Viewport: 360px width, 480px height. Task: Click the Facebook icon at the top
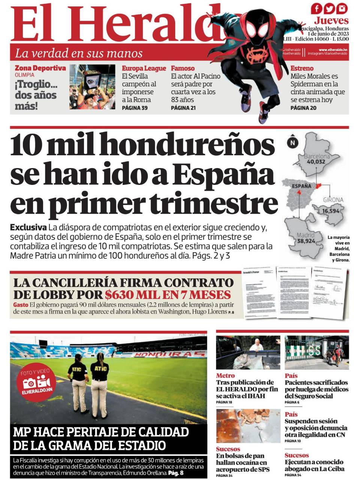316,8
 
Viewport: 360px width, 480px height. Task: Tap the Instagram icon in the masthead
342,8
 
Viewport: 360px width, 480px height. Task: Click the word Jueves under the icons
331,20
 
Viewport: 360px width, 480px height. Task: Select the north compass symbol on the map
292,142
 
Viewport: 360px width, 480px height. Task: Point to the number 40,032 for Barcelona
316,162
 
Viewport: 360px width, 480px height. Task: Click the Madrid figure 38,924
306,241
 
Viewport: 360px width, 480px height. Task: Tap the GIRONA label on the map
333,200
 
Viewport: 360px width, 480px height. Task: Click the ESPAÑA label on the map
301,186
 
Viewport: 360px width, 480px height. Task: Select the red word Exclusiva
28,227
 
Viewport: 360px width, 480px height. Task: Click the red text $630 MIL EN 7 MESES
168,294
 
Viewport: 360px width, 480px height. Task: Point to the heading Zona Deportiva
40,68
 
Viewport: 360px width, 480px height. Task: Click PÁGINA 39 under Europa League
135,108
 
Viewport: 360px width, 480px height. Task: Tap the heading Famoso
183,68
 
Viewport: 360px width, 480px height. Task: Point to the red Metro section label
225,375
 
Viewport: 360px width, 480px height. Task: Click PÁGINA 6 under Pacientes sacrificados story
292,402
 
